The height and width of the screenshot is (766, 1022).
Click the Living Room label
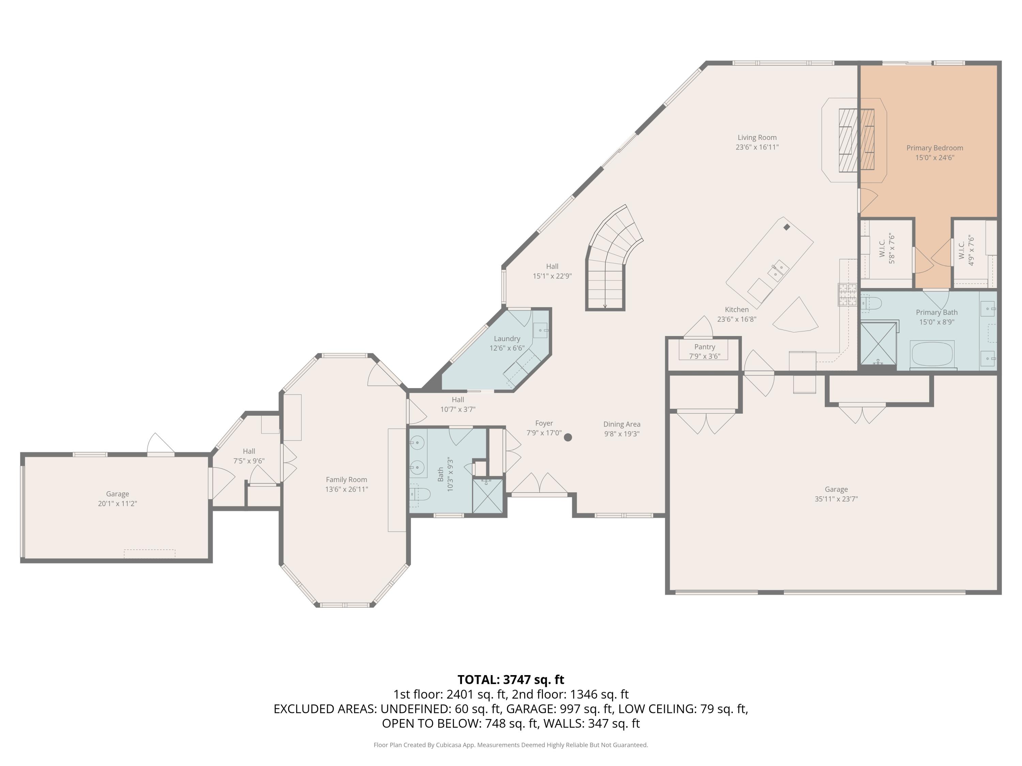point(757,138)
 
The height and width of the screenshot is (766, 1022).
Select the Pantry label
point(704,347)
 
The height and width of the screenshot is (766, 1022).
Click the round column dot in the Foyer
point(568,437)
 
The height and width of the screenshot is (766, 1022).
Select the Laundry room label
point(507,338)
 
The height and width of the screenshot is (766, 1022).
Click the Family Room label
point(346,480)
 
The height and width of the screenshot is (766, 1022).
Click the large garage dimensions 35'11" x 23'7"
point(836,499)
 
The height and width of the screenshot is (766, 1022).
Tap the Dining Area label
point(622,424)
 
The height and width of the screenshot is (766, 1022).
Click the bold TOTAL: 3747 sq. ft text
point(511,680)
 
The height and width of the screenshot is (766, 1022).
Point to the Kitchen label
point(737,310)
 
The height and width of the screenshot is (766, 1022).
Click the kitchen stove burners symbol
point(847,294)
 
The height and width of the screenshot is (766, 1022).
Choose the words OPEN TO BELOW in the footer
point(431,723)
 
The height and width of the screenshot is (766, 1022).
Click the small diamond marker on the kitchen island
point(787,227)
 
